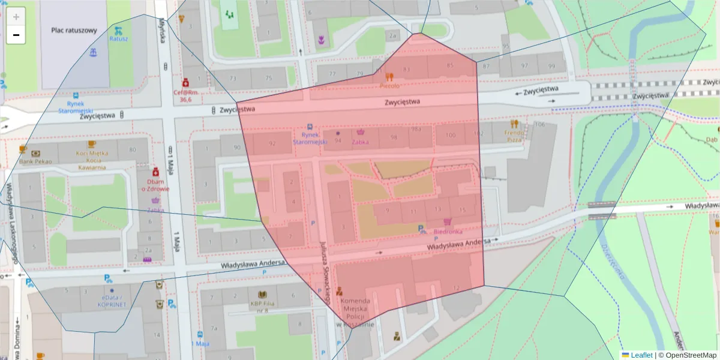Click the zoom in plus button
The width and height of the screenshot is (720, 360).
pos(16,17)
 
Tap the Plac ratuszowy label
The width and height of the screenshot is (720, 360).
pos(74,30)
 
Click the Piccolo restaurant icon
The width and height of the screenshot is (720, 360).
pos(389,77)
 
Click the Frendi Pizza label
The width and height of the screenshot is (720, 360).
pos(514,134)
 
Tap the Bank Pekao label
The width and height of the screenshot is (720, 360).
pos(35,161)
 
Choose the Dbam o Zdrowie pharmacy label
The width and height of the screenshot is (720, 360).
pos(156,184)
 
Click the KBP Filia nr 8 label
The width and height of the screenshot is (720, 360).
pos(262,307)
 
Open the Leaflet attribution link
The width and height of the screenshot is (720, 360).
pos(641,355)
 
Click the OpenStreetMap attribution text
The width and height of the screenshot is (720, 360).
pos(687,355)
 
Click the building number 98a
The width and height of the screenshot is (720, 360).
pos(416,129)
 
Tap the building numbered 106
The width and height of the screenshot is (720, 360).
pos(539,124)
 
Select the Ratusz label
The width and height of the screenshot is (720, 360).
pos(118,39)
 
